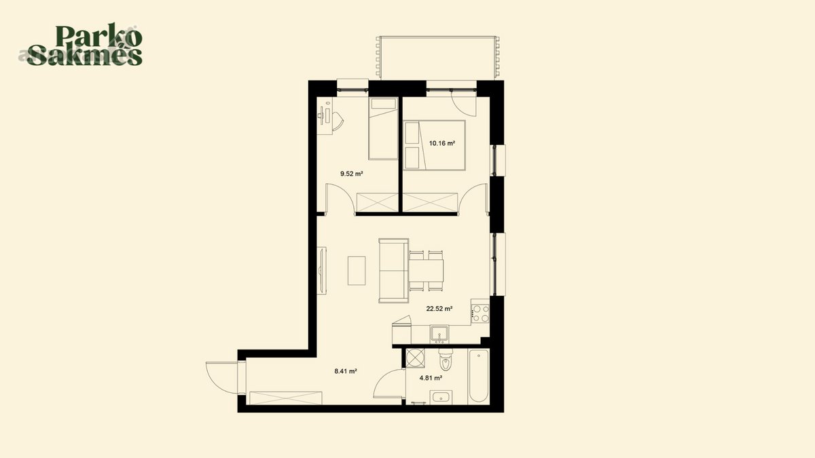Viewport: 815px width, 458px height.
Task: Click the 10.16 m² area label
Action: [x=442, y=143]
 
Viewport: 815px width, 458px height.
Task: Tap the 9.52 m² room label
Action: [x=352, y=174]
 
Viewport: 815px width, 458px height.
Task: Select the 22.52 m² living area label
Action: [x=439, y=309]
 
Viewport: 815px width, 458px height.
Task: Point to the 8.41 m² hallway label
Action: [x=345, y=371]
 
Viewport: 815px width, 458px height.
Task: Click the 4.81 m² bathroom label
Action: [x=431, y=378]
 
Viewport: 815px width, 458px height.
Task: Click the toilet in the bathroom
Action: [x=445, y=360]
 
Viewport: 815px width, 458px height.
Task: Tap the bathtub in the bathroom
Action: [x=478, y=376]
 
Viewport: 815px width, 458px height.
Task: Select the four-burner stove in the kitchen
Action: [x=480, y=312]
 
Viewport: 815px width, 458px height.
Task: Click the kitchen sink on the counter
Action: [x=439, y=334]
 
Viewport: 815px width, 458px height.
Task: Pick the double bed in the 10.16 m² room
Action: [x=435, y=145]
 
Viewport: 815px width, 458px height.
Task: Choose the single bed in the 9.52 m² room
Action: [x=383, y=128]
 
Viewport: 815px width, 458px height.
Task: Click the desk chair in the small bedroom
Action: [x=83, y=120]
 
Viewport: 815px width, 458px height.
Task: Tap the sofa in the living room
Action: [x=394, y=271]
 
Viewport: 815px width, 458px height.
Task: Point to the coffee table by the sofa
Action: [x=357, y=271]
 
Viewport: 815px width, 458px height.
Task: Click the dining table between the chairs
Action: [x=427, y=271]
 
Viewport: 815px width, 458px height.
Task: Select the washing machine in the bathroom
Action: [x=415, y=358]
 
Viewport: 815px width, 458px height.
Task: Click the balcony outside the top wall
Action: [x=437, y=58]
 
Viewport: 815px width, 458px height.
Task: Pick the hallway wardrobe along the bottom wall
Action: [x=286, y=398]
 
